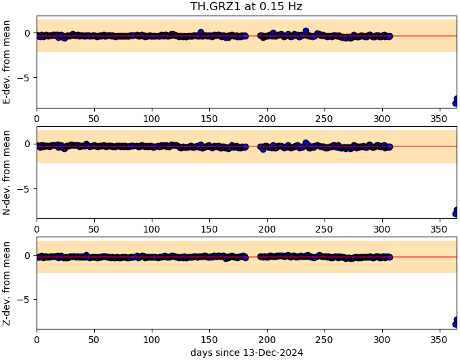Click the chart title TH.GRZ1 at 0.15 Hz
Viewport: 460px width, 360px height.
tap(246, 7)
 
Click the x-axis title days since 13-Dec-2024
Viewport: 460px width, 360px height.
tap(246, 353)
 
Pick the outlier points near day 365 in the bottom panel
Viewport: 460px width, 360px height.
tap(455, 322)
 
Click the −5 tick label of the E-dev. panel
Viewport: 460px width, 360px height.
tap(23, 78)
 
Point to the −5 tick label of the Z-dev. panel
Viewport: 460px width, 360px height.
tap(23, 299)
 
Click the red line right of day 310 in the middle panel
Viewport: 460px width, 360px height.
tap(420, 146)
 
